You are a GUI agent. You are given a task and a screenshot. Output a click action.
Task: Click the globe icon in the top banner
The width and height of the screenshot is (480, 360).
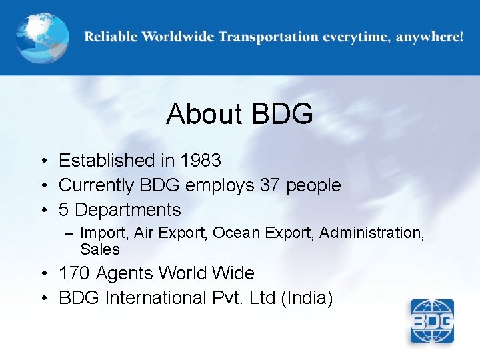click(x=43, y=37)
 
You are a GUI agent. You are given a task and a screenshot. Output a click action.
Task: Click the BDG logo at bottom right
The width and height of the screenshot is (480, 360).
click(x=431, y=321)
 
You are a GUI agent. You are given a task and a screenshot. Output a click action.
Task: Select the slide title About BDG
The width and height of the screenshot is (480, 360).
click(x=239, y=114)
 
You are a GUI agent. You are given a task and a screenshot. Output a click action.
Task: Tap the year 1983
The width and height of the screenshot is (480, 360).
click(x=201, y=161)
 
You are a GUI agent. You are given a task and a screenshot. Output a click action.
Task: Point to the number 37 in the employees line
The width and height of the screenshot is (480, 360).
click(x=270, y=185)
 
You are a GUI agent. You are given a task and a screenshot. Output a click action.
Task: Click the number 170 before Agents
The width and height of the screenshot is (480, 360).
click(x=75, y=273)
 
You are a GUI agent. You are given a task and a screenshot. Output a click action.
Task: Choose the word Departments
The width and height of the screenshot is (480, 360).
click(x=128, y=210)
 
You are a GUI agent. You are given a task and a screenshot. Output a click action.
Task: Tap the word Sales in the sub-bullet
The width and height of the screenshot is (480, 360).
click(x=100, y=249)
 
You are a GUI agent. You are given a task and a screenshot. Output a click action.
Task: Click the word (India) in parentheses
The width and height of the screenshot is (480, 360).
click(x=307, y=298)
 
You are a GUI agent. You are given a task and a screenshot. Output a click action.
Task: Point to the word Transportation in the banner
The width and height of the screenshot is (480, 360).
click(x=267, y=37)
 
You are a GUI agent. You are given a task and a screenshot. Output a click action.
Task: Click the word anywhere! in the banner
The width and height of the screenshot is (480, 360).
click(x=429, y=37)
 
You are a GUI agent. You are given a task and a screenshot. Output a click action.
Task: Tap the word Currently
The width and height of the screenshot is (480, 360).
click(x=96, y=185)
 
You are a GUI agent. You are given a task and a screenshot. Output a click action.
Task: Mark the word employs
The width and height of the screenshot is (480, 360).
click(x=222, y=185)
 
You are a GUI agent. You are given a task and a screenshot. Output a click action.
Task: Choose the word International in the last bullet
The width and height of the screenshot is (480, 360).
click(x=155, y=298)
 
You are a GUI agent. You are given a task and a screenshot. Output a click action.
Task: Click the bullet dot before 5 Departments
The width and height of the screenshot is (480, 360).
click(x=42, y=211)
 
